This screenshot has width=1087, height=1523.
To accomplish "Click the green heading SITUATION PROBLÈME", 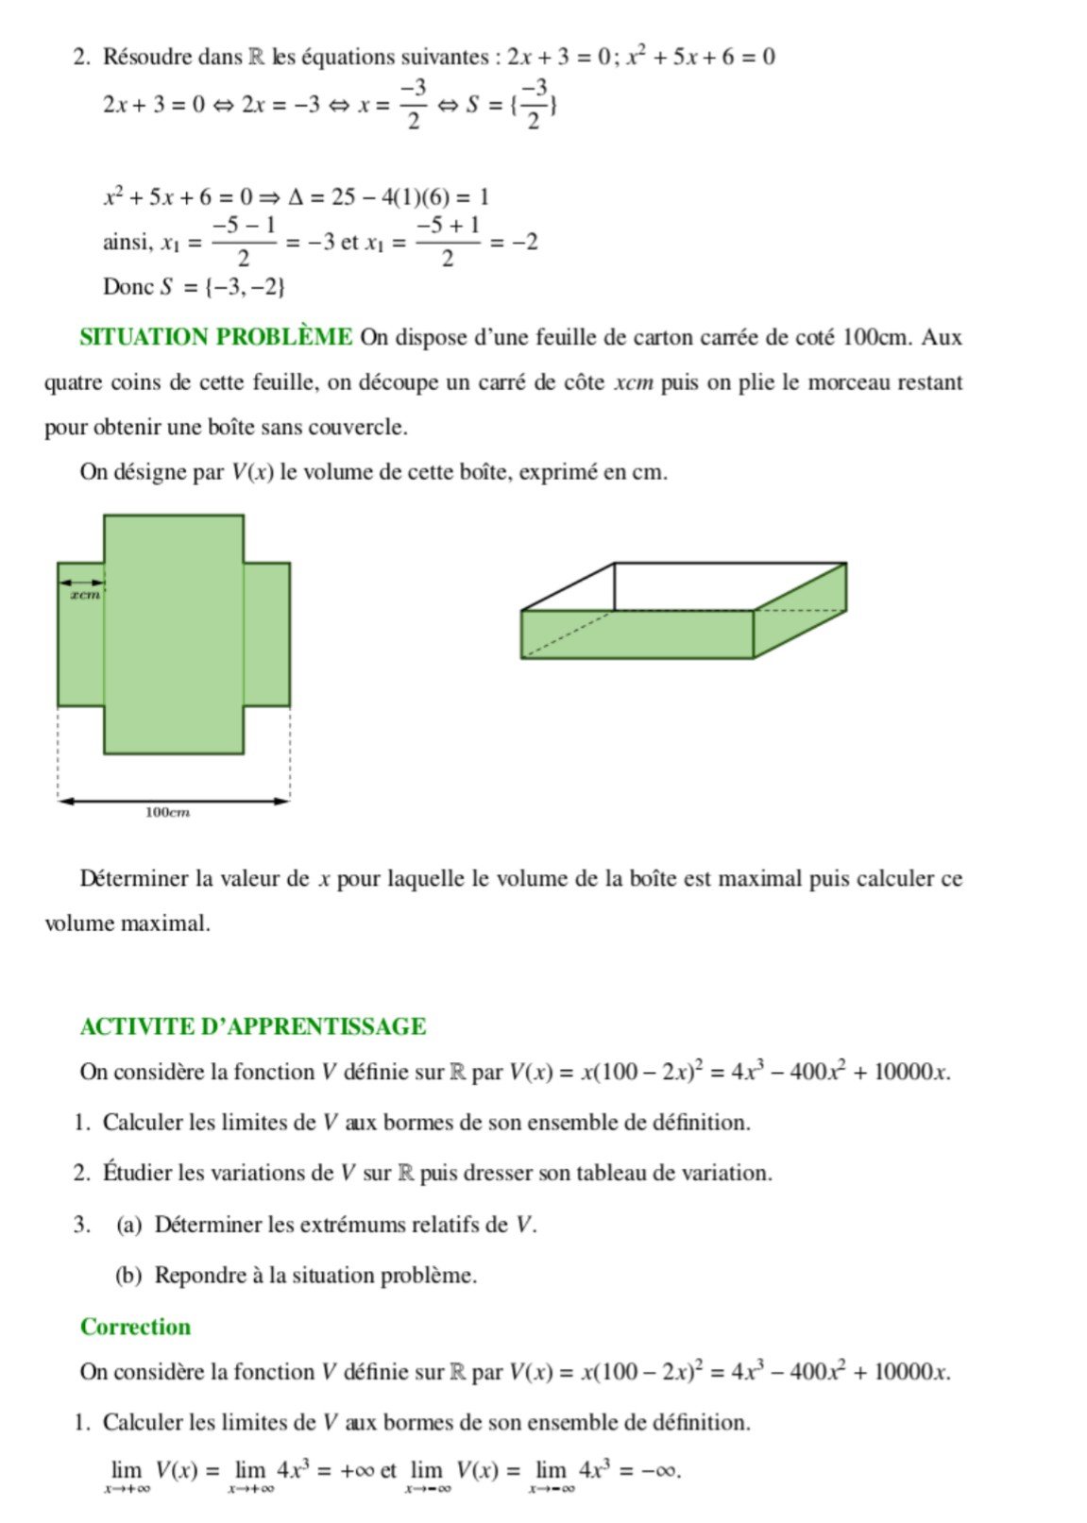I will (x=216, y=337).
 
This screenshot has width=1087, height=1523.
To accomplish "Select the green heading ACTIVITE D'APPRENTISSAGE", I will (x=252, y=1026).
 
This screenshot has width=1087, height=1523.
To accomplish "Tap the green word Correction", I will (x=135, y=1327).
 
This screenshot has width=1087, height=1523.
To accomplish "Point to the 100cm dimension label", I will (x=168, y=812).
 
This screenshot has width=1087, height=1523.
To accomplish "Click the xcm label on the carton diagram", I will (x=85, y=595).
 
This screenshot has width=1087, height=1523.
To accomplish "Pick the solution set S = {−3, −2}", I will (x=223, y=287).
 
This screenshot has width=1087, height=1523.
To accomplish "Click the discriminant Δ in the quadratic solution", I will (x=295, y=197).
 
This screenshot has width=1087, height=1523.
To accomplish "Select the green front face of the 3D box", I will (x=636, y=635).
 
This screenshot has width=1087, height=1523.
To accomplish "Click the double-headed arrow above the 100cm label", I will (x=174, y=801).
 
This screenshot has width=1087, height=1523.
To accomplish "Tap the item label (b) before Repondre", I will (x=128, y=1276).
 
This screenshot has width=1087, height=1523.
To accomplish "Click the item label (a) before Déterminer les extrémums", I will (x=129, y=1226).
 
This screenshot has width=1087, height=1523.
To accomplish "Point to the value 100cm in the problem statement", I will (x=875, y=337).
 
